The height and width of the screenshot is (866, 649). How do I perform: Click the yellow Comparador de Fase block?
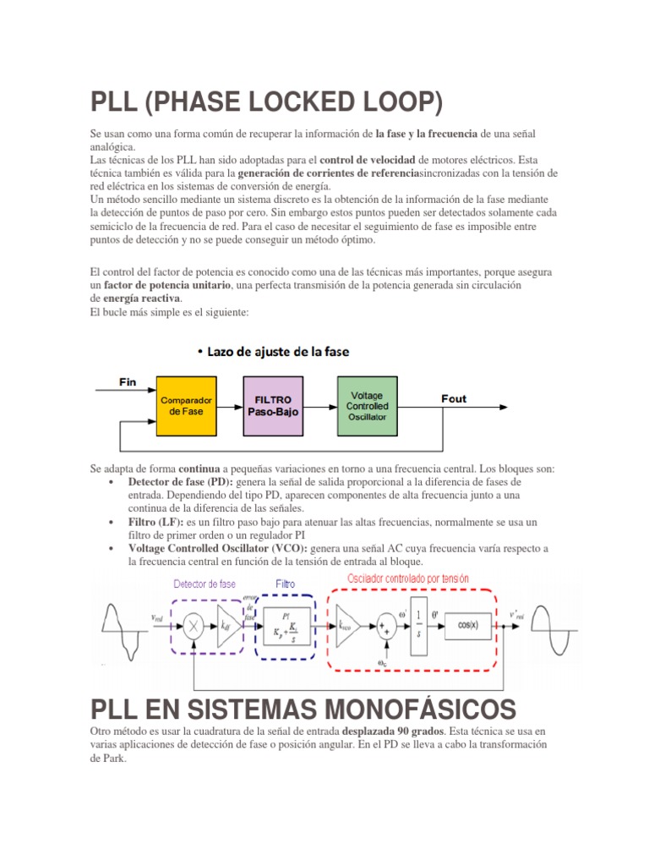pyautogui.click(x=186, y=405)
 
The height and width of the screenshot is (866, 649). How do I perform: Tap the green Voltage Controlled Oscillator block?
pyautogui.click(x=366, y=405)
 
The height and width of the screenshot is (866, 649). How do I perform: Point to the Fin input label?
pyautogui.click(x=128, y=382)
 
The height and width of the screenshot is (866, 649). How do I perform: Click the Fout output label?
pyautogui.click(x=454, y=398)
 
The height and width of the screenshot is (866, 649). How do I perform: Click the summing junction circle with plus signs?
pyautogui.click(x=387, y=627)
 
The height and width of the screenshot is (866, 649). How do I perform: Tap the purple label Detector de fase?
pyautogui.click(x=205, y=584)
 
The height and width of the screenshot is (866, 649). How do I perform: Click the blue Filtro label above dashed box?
pyautogui.click(x=286, y=584)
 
